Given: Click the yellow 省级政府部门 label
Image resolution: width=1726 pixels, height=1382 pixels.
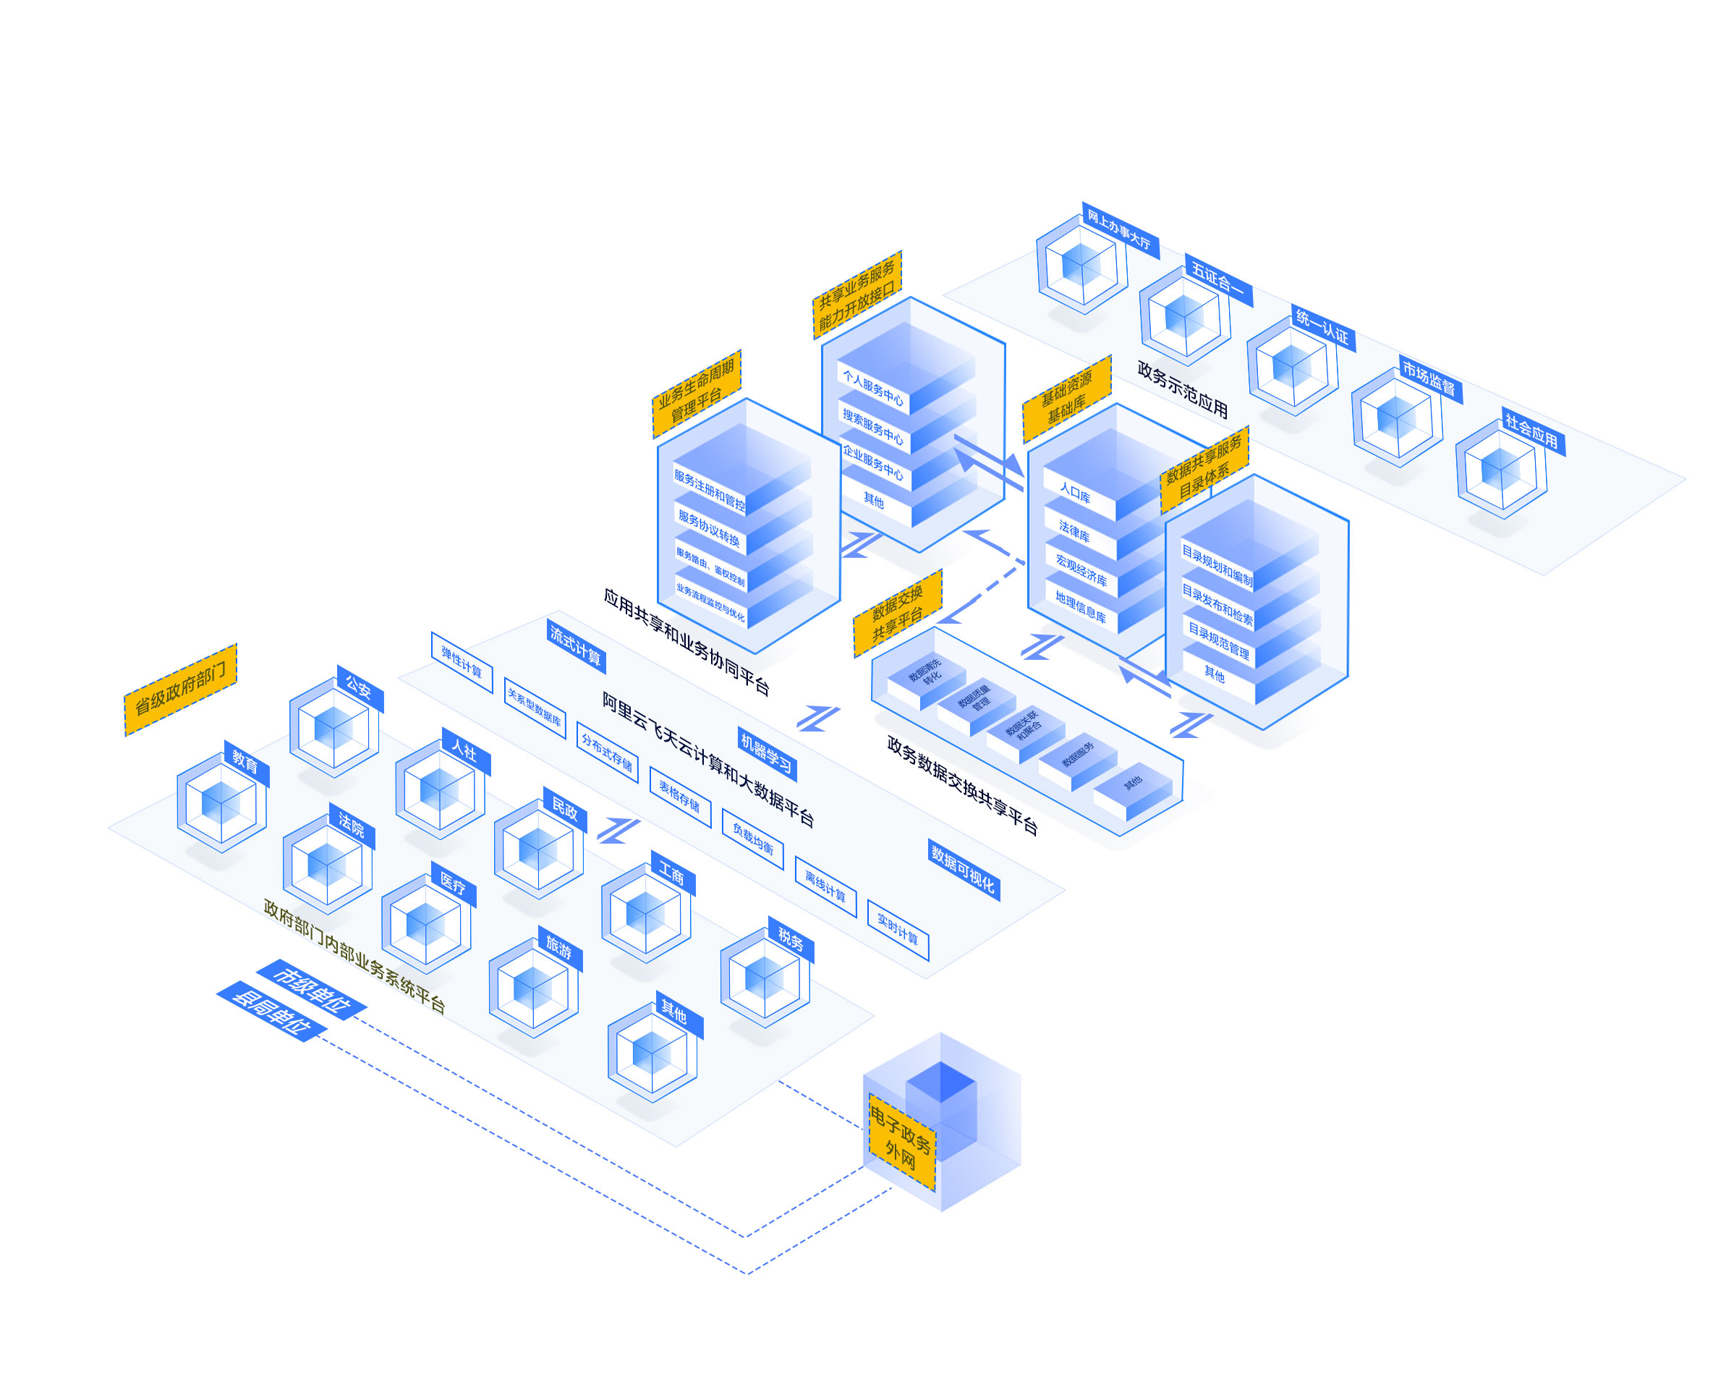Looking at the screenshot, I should click(180, 690).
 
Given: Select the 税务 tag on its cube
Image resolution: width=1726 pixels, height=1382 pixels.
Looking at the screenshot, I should click(790, 938).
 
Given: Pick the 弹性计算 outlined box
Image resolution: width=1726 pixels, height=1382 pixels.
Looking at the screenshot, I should click(461, 662).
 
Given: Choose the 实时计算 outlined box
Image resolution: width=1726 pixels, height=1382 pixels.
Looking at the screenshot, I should click(898, 930).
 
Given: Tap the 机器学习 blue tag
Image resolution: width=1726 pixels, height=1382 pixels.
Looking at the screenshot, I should click(766, 754).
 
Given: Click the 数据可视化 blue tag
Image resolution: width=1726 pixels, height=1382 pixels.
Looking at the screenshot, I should click(963, 869).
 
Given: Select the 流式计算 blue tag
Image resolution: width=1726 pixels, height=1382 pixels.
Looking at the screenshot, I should click(576, 645).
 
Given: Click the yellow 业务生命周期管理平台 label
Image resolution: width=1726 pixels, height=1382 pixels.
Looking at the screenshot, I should click(697, 393).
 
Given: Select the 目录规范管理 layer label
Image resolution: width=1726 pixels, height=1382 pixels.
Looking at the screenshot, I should click(1218, 640).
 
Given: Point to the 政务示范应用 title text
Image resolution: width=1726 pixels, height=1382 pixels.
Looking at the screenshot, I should click(1183, 389).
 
